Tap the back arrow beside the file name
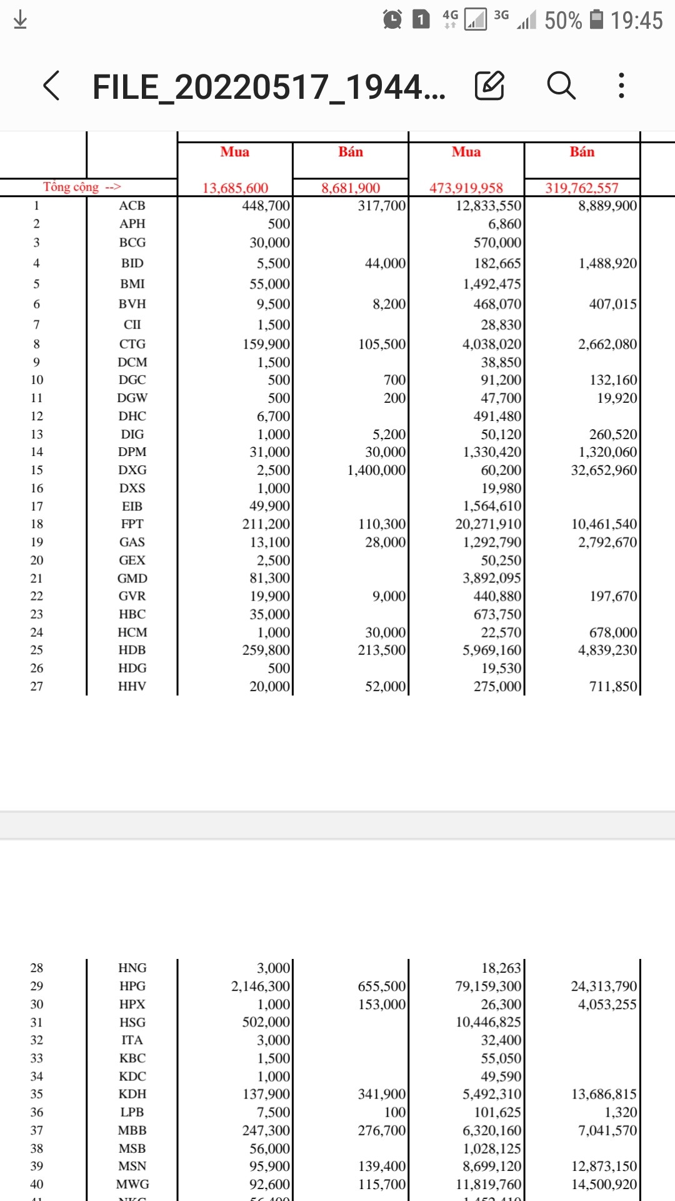click(x=52, y=86)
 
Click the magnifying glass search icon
click(x=561, y=86)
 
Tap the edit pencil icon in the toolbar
click(x=489, y=86)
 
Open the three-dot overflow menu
click(x=621, y=86)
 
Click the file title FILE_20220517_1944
click(x=269, y=87)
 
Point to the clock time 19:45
click(x=636, y=21)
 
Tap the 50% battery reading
click(x=562, y=21)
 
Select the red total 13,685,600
click(x=235, y=188)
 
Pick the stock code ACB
click(x=132, y=206)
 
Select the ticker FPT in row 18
click(x=132, y=524)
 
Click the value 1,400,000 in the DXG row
click(x=377, y=470)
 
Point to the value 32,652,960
click(x=604, y=470)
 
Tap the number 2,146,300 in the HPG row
click(x=261, y=986)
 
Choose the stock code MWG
click(x=132, y=1185)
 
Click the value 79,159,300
click(x=488, y=986)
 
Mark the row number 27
click(x=37, y=686)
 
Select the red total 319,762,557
click(x=581, y=188)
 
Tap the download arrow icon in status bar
click(x=20, y=20)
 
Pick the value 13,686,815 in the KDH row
click(x=604, y=1095)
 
